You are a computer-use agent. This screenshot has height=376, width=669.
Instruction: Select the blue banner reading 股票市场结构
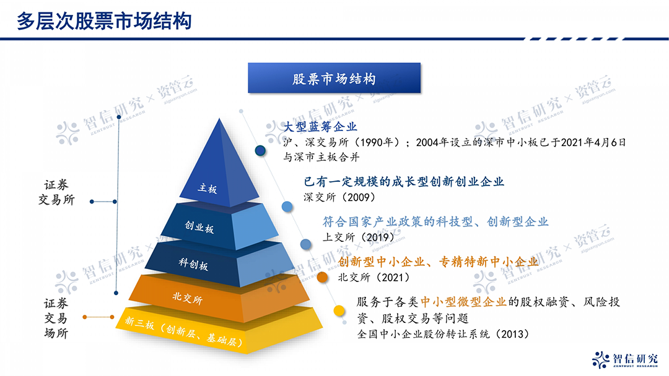click(x=334, y=79)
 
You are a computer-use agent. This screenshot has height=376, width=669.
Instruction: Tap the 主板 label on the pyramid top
click(x=208, y=189)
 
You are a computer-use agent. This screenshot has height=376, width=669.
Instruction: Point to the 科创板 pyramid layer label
click(x=193, y=263)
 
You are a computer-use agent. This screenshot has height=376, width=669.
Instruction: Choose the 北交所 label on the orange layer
click(x=187, y=299)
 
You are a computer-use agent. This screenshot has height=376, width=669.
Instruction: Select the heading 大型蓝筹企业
click(x=320, y=127)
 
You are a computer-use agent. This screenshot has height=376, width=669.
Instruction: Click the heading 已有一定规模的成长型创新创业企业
click(x=404, y=182)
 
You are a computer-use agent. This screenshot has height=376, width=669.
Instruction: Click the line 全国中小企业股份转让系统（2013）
click(x=444, y=334)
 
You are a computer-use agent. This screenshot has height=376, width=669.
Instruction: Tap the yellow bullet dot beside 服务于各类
click(x=339, y=311)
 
